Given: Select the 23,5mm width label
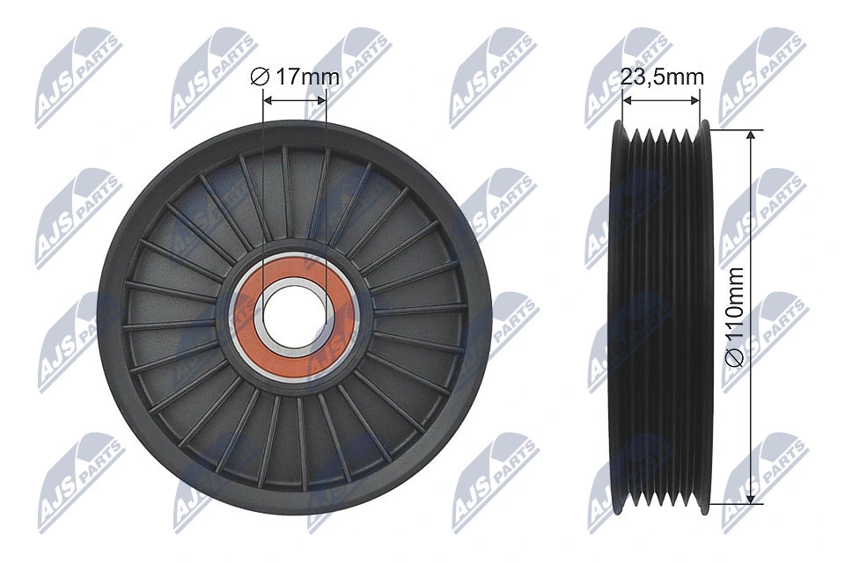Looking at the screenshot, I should click(x=662, y=77).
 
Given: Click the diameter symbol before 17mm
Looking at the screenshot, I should click(x=259, y=77).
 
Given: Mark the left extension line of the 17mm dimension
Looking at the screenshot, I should click(x=263, y=176).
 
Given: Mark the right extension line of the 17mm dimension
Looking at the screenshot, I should click(x=326, y=176).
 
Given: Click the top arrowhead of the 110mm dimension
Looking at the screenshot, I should click(x=750, y=136).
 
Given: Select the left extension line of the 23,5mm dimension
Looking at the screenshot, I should click(x=622, y=110).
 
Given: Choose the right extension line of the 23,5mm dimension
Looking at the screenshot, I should click(x=701, y=110).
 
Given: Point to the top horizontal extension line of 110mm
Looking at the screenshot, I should click(x=735, y=130).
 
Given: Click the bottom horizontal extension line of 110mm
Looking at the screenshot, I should click(x=735, y=504).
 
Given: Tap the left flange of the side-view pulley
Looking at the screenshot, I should click(x=618, y=317).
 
